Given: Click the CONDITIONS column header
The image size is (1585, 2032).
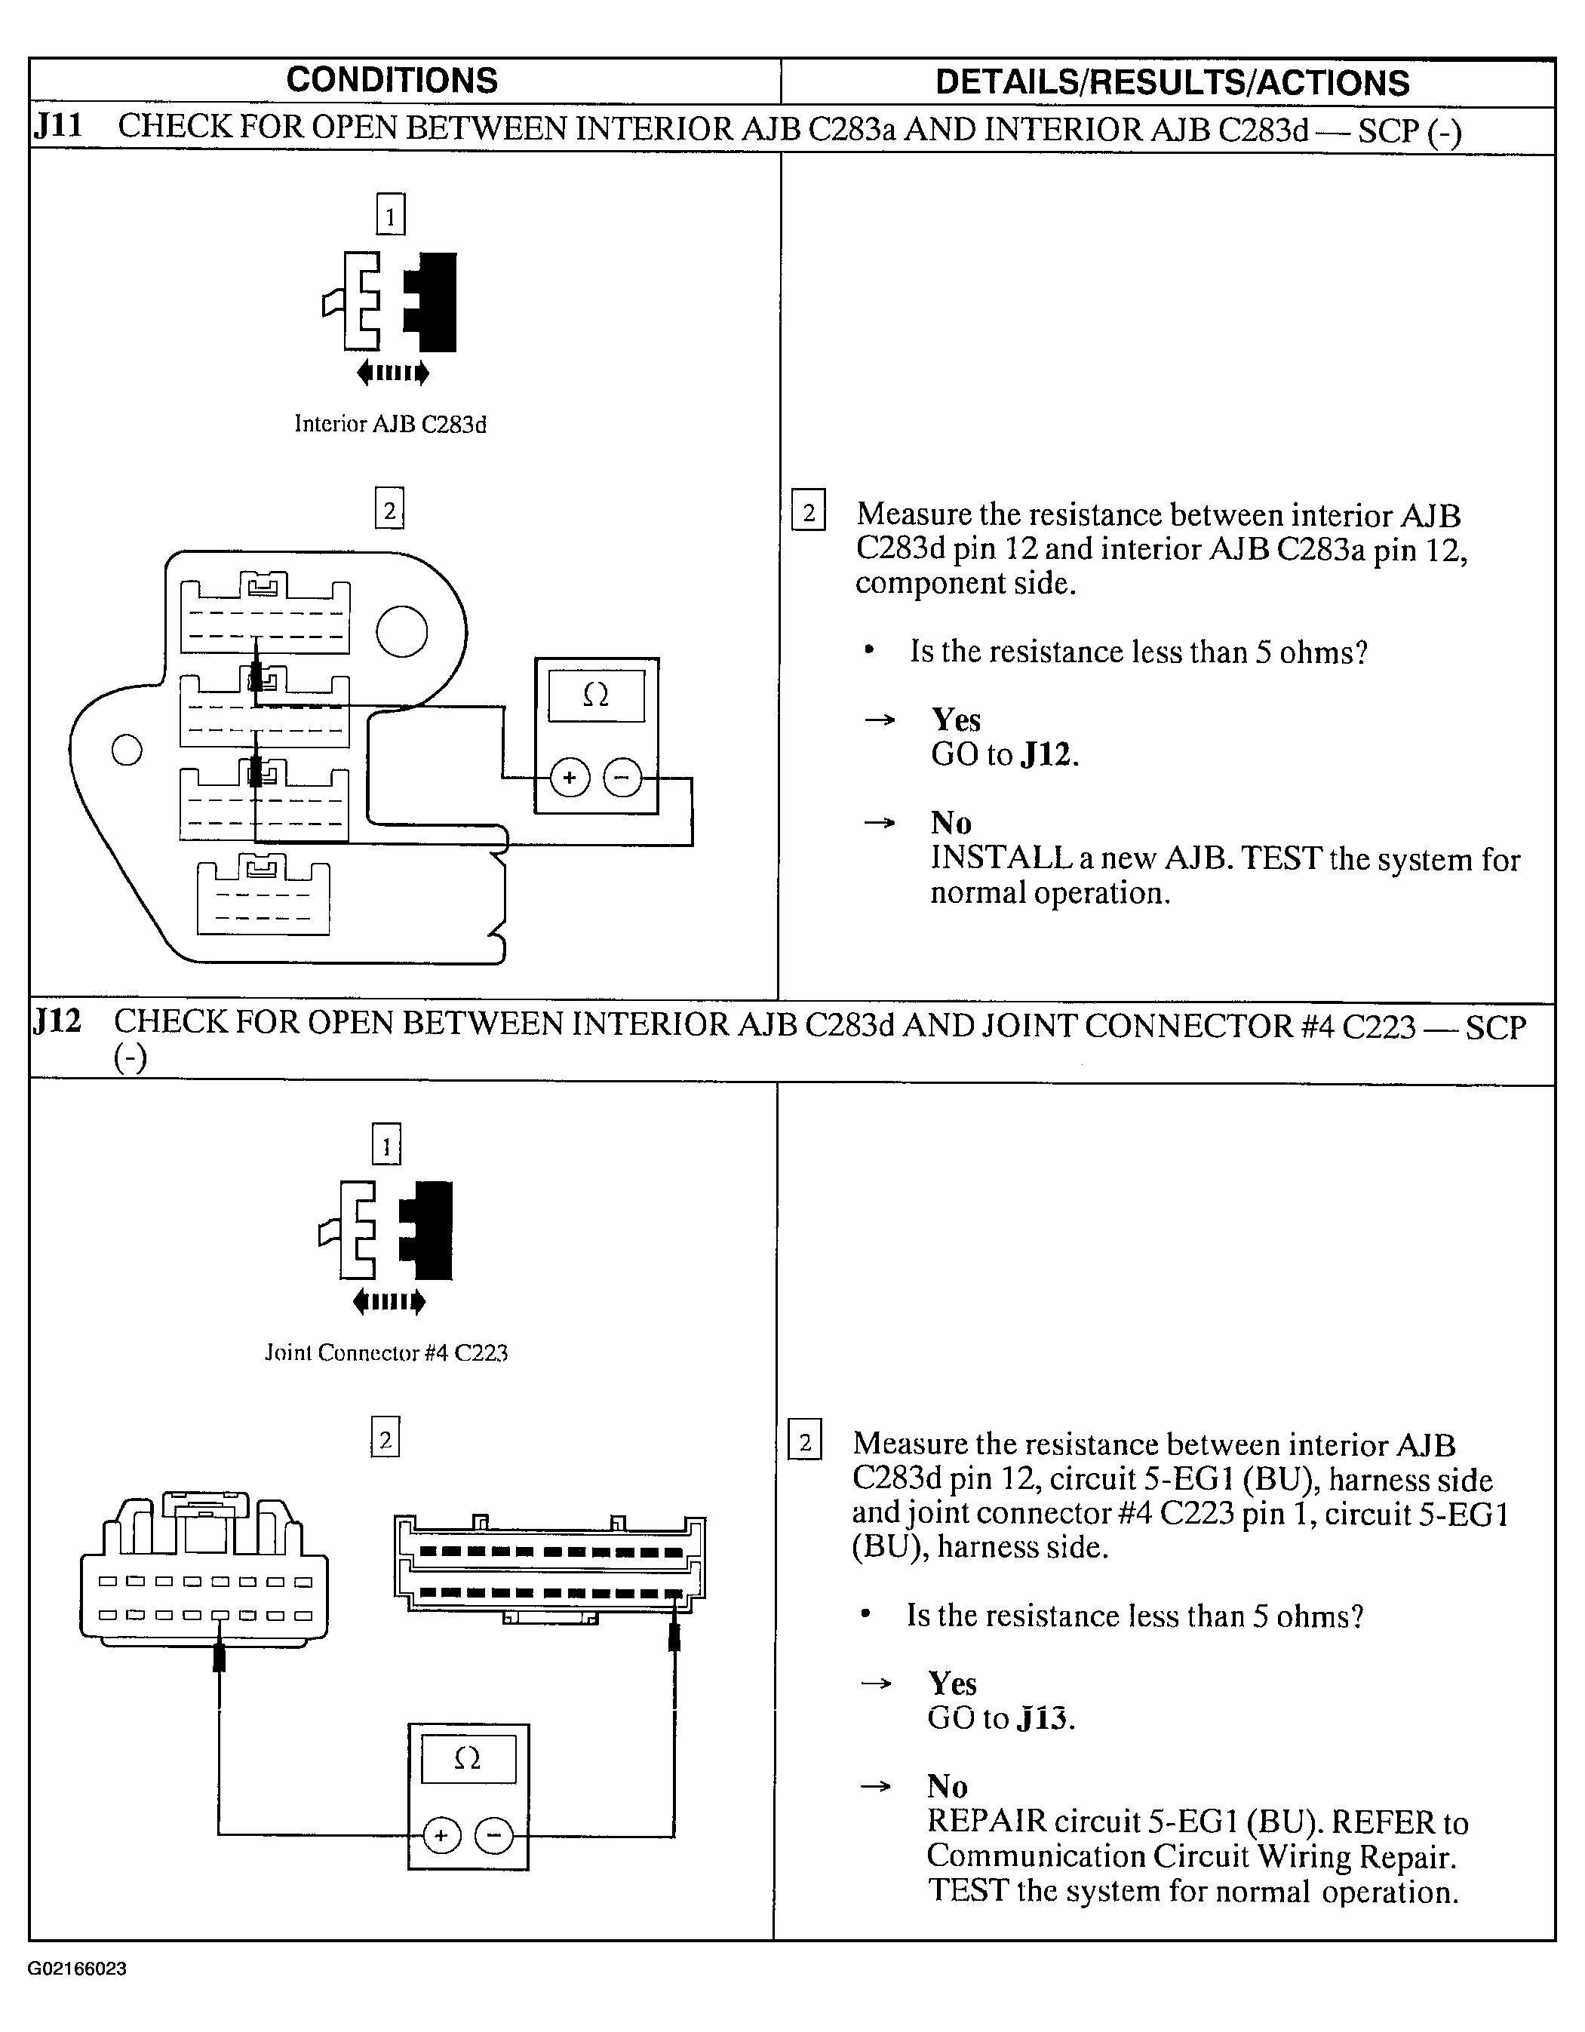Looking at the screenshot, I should tap(392, 81).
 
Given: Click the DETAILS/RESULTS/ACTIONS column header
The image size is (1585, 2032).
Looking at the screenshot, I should tap(1171, 83).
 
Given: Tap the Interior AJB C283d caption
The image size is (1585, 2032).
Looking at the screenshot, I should tap(390, 424).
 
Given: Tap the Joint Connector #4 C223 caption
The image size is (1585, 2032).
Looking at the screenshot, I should tap(386, 1353).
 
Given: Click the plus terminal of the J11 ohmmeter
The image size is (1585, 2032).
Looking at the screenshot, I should tap(570, 778).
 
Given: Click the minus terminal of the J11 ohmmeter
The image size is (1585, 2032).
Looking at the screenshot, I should tap(622, 778).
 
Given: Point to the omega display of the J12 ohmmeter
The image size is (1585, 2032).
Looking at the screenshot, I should tap(468, 1757).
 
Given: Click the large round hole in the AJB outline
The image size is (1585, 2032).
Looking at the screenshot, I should tap(402, 632).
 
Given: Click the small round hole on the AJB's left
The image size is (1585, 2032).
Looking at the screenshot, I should tap(127, 749).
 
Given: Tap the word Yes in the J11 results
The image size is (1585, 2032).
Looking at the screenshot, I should tap(956, 720).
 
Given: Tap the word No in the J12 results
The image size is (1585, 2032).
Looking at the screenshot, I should tap(948, 1786).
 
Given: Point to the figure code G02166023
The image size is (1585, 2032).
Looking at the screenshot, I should tap(77, 1969).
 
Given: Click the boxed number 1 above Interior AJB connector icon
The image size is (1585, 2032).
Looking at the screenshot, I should tap(390, 215).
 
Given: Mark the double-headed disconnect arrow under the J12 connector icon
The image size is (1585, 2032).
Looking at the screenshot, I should tap(389, 1302).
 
